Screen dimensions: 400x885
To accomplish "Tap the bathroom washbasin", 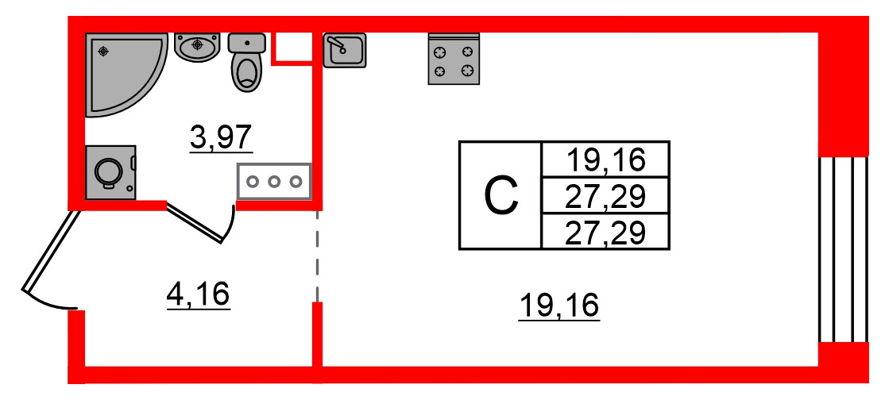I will (x=196, y=47).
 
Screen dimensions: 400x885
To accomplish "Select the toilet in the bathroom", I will (x=247, y=63).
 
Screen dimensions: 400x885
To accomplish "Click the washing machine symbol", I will (x=110, y=170).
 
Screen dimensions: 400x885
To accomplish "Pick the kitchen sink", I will (x=345, y=50).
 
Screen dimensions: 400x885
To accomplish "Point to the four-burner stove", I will (x=454, y=60).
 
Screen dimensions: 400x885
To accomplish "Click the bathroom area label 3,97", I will (x=222, y=139).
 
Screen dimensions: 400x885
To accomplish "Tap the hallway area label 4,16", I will (x=198, y=294).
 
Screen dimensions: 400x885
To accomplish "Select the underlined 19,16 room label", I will (x=558, y=305).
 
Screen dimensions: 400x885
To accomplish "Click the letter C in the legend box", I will (x=501, y=196).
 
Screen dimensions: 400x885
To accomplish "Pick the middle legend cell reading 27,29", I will (x=605, y=196).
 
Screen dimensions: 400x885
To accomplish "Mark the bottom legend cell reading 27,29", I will (x=605, y=232).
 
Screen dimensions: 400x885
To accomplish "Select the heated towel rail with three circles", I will (x=274, y=181).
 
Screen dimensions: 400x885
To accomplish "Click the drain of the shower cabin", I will (x=103, y=51).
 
